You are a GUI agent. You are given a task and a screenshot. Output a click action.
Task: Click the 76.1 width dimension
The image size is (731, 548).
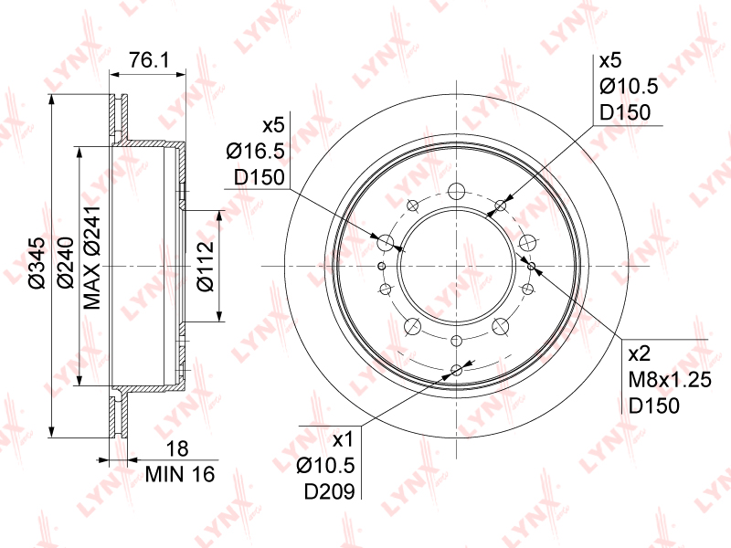149,60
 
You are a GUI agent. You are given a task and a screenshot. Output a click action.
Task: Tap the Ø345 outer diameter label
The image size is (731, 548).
37,263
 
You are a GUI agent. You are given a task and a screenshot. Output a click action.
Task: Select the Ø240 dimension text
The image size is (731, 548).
65,263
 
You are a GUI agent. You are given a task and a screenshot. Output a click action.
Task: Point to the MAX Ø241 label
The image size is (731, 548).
92,258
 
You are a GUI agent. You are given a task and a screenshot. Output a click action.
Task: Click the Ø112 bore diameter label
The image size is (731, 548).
205,266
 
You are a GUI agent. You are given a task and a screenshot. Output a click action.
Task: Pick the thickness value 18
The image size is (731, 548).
177,449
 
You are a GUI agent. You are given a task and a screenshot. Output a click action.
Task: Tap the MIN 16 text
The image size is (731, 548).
180,474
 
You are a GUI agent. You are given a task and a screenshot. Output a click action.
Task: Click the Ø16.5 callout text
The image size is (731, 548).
256,152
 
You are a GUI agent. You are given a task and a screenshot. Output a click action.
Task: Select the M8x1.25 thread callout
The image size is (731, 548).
670,380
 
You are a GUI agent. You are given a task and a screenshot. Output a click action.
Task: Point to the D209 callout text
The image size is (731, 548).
330,491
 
